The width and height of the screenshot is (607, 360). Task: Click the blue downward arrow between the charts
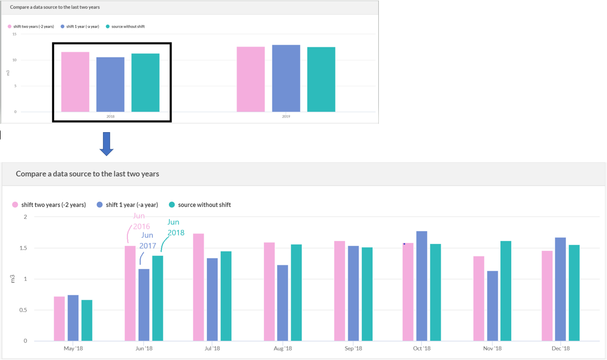pyautogui.click(x=106, y=144)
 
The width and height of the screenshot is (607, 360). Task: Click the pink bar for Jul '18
pyautogui.click(x=198, y=287)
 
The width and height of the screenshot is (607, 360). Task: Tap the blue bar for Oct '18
pyautogui.click(x=421, y=286)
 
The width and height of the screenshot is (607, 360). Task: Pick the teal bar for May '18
pyautogui.click(x=87, y=320)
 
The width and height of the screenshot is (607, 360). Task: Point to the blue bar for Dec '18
pyautogui.click(x=560, y=289)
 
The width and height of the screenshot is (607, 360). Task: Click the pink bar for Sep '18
pyautogui.click(x=339, y=291)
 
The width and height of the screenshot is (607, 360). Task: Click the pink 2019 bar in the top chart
pyautogui.click(x=250, y=79)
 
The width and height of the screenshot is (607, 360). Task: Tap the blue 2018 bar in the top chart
pyautogui.click(x=110, y=84)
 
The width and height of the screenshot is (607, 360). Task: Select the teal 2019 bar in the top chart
pyautogui.click(x=321, y=79)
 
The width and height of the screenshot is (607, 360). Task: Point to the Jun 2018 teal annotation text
pyautogui.click(x=175, y=227)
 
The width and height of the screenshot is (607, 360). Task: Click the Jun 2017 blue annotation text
pyautogui.click(x=148, y=240)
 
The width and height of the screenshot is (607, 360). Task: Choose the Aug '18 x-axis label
pyautogui.click(x=283, y=349)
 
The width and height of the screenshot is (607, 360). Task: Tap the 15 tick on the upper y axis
pyautogui.click(x=15, y=34)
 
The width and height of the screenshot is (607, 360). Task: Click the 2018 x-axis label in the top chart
pyautogui.click(x=110, y=117)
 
